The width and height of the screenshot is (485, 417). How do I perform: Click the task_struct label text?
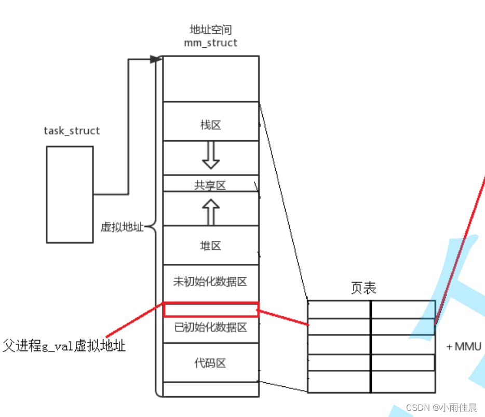tap(72, 131)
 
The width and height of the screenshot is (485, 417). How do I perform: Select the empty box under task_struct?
tap(70, 194)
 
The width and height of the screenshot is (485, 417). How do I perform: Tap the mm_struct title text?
tap(210, 43)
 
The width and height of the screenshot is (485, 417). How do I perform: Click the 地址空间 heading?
tap(210, 30)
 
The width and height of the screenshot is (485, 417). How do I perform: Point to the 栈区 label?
tap(210, 125)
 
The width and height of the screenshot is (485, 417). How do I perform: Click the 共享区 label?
tap(210, 185)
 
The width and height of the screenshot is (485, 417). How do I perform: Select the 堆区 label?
tap(210, 246)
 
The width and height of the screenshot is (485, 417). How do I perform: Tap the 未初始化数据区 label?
tap(210, 282)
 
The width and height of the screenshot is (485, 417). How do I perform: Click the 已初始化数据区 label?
tap(210, 327)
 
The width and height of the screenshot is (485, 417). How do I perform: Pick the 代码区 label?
tap(210, 363)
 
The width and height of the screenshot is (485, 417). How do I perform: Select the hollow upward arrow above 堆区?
tap(210, 212)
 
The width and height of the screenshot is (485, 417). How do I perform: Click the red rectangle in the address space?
tap(211, 310)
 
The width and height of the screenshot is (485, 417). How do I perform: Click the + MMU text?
tap(464, 346)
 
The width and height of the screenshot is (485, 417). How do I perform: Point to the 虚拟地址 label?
tap(122, 227)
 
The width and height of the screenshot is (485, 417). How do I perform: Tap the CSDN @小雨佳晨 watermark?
tap(441, 408)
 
